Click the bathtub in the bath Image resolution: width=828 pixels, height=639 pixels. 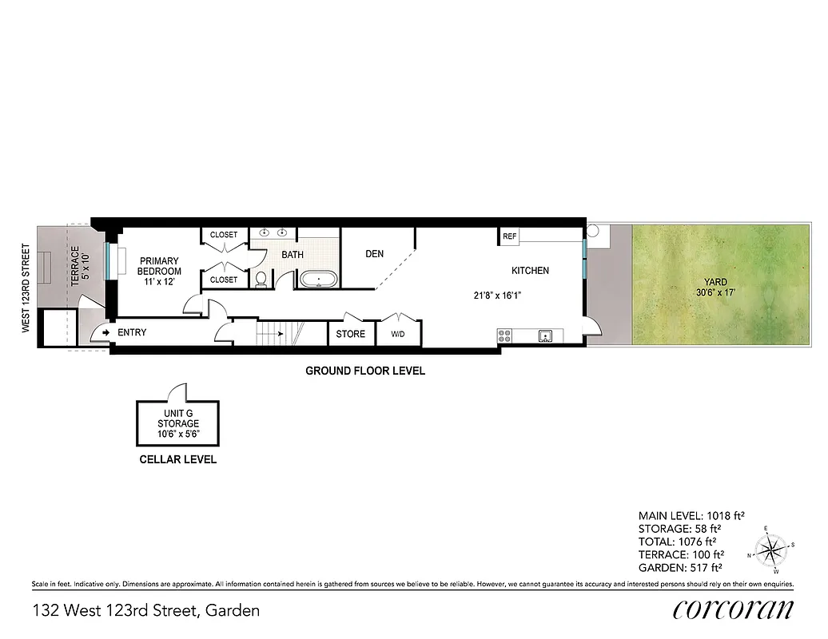[x=319, y=280]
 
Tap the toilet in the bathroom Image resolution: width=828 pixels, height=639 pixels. [x=261, y=280]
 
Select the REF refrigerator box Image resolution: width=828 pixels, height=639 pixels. [x=509, y=236]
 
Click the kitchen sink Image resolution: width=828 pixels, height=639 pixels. [x=547, y=336]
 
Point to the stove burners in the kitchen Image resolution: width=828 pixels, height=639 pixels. [x=504, y=336]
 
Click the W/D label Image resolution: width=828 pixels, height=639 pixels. [x=398, y=334]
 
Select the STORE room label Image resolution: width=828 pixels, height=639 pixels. [x=350, y=334]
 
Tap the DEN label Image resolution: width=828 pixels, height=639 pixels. [x=374, y=254]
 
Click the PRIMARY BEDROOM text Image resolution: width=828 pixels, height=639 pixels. [x=158, y=266]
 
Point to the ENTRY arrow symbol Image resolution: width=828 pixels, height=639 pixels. [x=105, y=332]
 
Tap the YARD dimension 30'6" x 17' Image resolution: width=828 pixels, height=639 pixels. [x=715, y=292]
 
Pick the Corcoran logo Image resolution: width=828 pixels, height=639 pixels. [x=733, y=609]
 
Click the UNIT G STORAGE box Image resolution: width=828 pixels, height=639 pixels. [x=177, y=423]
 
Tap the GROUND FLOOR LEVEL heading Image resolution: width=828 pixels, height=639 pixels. [x=365, y=371]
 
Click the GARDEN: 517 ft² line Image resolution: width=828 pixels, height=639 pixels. [x=680, y=567]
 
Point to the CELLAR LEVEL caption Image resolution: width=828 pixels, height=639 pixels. [x=177, y=459]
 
